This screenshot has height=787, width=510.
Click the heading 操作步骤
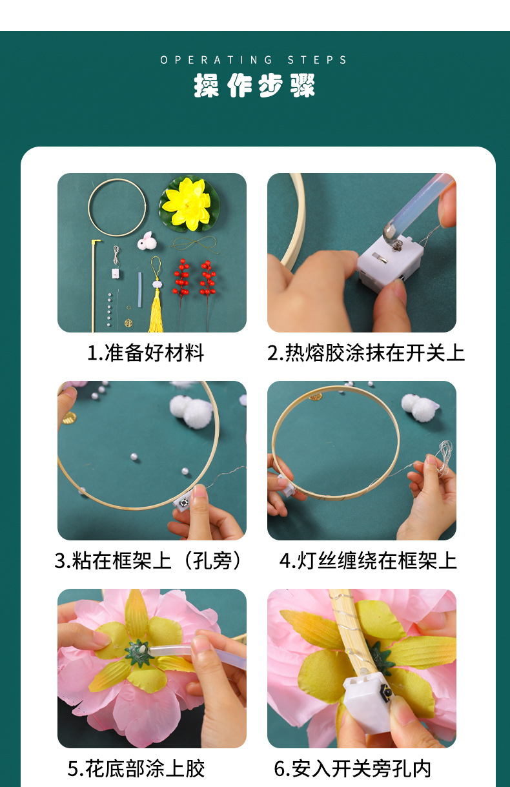[254, 85]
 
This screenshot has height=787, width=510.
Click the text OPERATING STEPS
[254, 60]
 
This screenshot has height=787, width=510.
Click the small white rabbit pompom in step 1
[145, 241]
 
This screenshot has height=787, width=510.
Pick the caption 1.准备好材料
[145, 353]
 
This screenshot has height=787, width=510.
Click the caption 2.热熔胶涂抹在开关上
[365, 353]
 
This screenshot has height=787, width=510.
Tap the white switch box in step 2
[389, 261]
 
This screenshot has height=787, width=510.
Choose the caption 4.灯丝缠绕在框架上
[368, 560]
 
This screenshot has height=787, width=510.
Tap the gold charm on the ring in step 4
[315, 396]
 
